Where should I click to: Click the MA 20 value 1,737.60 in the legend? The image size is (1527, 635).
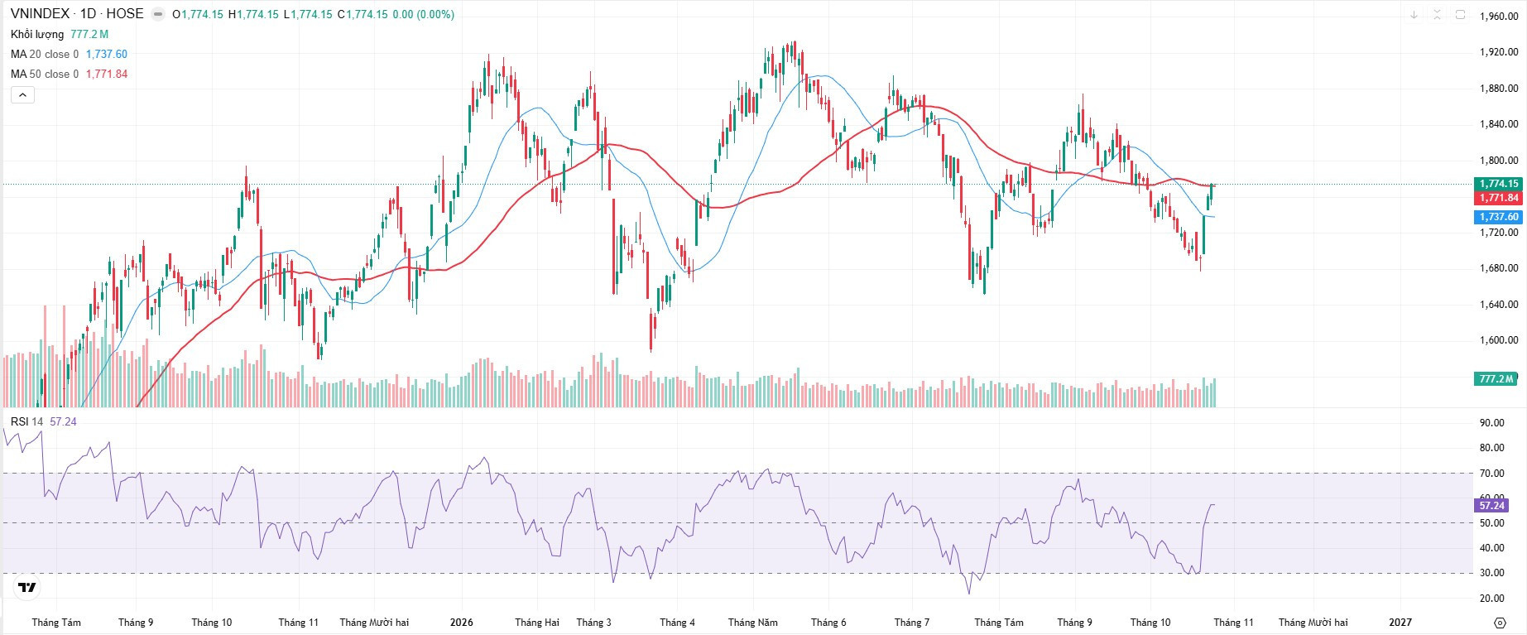click(x=107, y=54)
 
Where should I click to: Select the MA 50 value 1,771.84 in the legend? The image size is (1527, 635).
click(x=107, y=74)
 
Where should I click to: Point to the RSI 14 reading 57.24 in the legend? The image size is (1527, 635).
click(x=63, y=421)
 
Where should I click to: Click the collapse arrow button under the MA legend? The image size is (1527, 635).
click(x=22, y=95)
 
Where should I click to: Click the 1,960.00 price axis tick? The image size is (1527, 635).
click(x=1499, y=17)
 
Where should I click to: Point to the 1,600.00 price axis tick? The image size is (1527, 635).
click(x=1499, y=340)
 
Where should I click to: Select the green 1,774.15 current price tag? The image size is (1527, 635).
click(x=1499, y=184)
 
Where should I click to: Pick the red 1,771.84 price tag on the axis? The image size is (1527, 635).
click(x=1499, y=198)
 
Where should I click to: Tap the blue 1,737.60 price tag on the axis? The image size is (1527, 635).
click(x=1499, y=217)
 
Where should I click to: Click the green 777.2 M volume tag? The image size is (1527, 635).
click(x=1496, y=379)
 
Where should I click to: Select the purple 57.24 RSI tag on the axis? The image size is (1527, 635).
click(x=1491, y=505)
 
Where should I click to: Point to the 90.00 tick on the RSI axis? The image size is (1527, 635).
click(x=1492, y=423)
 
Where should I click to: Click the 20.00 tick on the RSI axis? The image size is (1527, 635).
click(x=1492, y=599)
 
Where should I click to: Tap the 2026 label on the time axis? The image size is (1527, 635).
click(x=462, y=622)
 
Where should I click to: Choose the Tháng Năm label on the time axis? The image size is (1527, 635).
click(x=753, y=622)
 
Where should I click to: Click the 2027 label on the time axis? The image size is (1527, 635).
click(x=1400, y=622)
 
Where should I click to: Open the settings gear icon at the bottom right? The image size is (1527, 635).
click(x=1499, y=622)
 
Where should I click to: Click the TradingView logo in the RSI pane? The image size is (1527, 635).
click(x=26, y=588)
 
